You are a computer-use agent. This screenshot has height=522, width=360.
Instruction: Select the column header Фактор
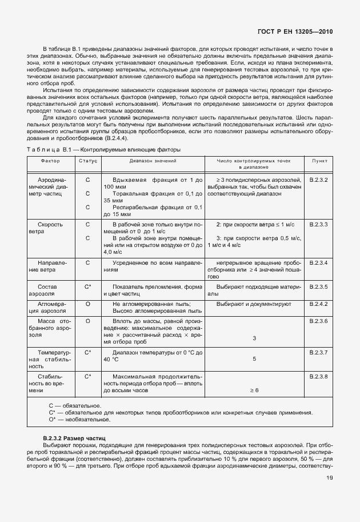[51, 161]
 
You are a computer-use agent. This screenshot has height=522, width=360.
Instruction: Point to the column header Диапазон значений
[152, 161]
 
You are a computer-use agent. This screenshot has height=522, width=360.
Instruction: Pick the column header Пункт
[319, 161]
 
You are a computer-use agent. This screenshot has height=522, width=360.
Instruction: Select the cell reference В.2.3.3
[318, 225]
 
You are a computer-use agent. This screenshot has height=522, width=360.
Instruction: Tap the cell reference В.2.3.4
[318, 262]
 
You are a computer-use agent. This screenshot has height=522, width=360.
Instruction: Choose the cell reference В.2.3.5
[318, 286]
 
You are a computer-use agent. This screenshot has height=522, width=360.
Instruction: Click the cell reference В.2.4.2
[318, 304]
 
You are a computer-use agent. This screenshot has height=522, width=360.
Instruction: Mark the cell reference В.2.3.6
[318, 322]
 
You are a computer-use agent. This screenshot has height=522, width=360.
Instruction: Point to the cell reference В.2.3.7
[318, 353]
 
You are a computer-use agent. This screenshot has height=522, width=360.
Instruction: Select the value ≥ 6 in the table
[254, 390]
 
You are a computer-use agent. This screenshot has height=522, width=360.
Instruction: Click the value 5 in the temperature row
[254, 359]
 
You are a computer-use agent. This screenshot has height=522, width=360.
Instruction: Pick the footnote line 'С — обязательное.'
[71, 405]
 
